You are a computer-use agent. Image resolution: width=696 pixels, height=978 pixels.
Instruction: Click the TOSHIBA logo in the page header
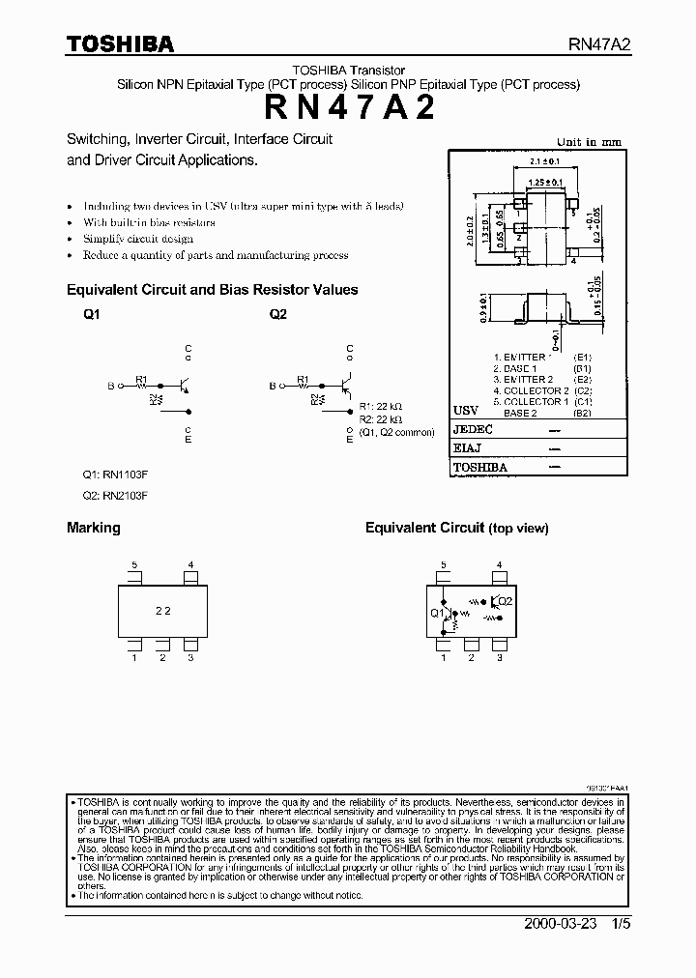120,43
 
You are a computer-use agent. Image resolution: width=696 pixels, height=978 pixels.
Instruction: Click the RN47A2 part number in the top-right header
598,44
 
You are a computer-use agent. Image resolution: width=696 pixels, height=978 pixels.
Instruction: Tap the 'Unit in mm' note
589,142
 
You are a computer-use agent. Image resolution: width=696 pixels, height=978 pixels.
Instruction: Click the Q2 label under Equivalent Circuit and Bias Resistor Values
278,314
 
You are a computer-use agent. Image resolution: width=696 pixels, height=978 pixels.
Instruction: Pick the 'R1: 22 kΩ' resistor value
379,407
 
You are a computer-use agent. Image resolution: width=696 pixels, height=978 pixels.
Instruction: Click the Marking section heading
94,528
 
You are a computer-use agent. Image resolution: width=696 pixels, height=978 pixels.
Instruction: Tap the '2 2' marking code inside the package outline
163,611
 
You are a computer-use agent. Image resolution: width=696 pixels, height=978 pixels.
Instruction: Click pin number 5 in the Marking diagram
135,564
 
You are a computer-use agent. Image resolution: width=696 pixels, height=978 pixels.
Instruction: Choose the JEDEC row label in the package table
474,430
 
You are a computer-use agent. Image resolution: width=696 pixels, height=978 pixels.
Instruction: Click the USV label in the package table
466,410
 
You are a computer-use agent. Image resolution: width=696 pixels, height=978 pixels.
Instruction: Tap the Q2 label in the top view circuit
507,600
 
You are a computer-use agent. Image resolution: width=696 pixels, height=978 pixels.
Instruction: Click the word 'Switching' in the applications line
99,138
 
